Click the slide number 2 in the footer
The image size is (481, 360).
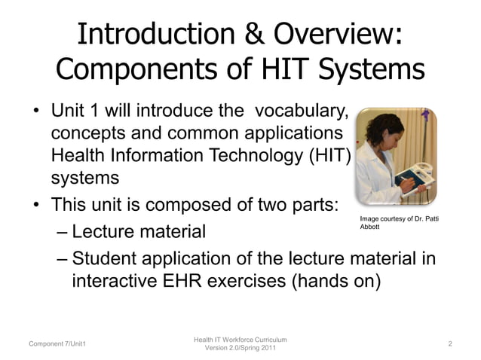point(449,343)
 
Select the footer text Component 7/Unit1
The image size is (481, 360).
point(57,344)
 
